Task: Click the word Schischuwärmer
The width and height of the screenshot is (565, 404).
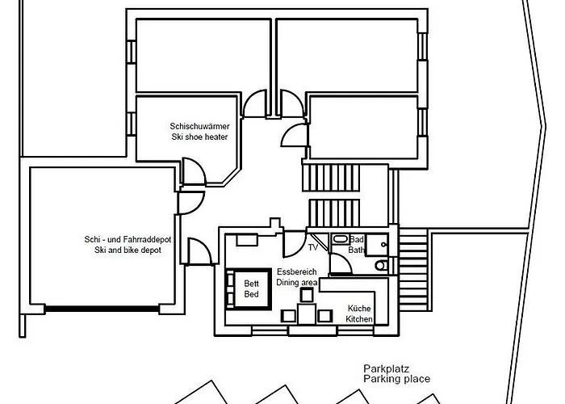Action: point(199,126)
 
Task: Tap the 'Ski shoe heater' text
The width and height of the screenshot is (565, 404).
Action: point(199,137)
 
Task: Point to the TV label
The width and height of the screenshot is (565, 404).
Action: point(313,247)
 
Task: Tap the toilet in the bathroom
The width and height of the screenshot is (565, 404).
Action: point(381,265)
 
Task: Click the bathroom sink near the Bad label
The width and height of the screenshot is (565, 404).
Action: point(340,239)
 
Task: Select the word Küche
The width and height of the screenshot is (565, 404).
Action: point(359,309)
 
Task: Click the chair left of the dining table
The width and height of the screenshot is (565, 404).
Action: point(287,315)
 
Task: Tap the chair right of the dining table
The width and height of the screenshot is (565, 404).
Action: point(324,315)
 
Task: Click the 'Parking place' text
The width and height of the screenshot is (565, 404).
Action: point(396,379)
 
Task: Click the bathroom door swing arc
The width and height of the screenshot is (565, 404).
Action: point(320,241)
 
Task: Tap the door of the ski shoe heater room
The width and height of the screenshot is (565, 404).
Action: point(194,171)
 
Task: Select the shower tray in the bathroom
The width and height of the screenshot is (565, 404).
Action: point(381,242)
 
